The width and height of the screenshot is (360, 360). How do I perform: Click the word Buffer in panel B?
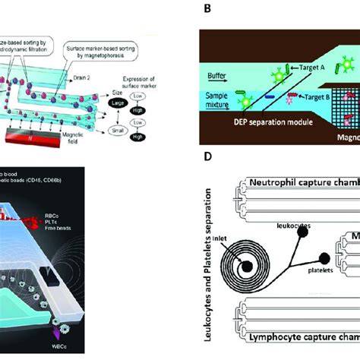pos(221,76)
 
